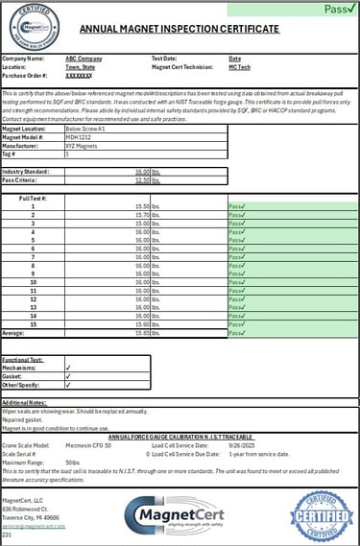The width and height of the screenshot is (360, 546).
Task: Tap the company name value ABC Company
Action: point(84,59)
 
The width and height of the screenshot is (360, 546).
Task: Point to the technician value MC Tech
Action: point(241,66)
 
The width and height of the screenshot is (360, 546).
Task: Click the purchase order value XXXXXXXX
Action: point(79,74)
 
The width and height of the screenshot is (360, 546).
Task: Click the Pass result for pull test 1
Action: point(237,206)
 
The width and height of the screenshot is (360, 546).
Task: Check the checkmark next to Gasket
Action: point(68,376)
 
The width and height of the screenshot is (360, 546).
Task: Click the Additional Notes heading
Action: point(25,403)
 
